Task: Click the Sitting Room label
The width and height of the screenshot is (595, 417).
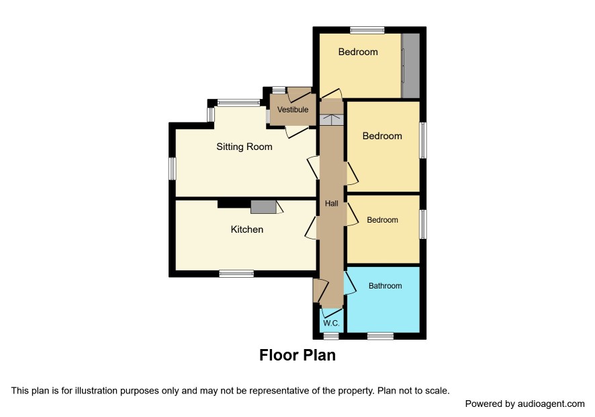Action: click(244, 147)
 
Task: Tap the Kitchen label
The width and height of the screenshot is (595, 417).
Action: click(247, 229)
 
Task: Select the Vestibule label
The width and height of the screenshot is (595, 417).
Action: click(293, 110)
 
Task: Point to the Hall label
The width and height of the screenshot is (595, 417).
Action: click(331, 203)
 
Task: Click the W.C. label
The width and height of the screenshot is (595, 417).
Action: click(331, 324)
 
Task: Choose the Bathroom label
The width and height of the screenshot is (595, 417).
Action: click(385, 286)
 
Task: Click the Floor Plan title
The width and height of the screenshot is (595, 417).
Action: click(297, 355)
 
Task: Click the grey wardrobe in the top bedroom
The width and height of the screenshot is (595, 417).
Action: click(410, 65)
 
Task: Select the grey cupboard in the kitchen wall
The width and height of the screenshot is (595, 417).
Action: click(263, 206)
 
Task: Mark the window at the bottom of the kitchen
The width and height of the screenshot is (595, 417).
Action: click(236, 273)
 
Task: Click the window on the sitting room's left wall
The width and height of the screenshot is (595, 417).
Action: click(173, 168)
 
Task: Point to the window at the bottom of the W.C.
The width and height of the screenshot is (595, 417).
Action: click(331, 336)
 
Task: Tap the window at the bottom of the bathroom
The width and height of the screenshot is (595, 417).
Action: click(381, 336)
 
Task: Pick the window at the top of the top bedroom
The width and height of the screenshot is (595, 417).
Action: click(367, 30)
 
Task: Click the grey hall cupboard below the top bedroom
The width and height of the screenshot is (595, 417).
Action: click(331, 119)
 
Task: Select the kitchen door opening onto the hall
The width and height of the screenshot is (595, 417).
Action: click(311, 228)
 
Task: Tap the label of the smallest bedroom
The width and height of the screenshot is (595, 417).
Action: click(383, 220)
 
